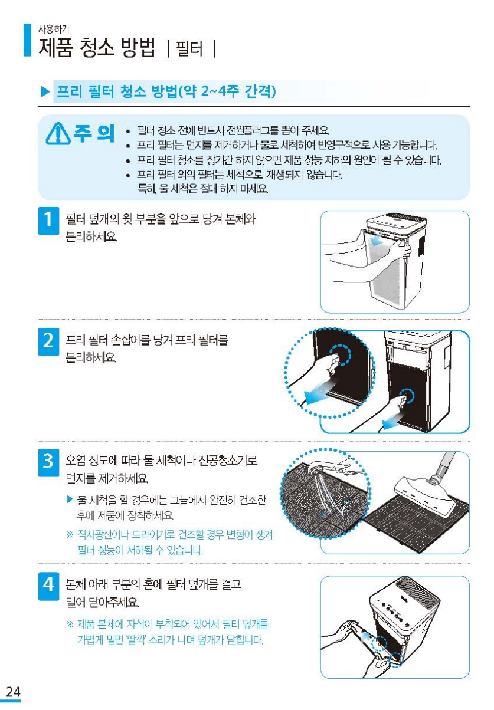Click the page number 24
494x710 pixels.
13,691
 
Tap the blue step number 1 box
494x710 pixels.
48,221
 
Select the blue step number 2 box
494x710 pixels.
48,342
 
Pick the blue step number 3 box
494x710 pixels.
48,462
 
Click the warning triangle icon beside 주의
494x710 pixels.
58,134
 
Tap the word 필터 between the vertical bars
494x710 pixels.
189,49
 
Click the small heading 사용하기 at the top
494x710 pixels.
53,29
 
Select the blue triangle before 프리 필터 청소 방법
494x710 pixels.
45,92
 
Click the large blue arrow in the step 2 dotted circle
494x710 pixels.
318,391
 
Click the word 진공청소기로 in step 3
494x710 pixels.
227,460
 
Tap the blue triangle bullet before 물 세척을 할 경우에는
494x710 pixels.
70,499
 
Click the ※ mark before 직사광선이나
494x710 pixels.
70,535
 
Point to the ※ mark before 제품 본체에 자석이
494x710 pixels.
70,624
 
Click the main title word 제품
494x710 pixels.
55,48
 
